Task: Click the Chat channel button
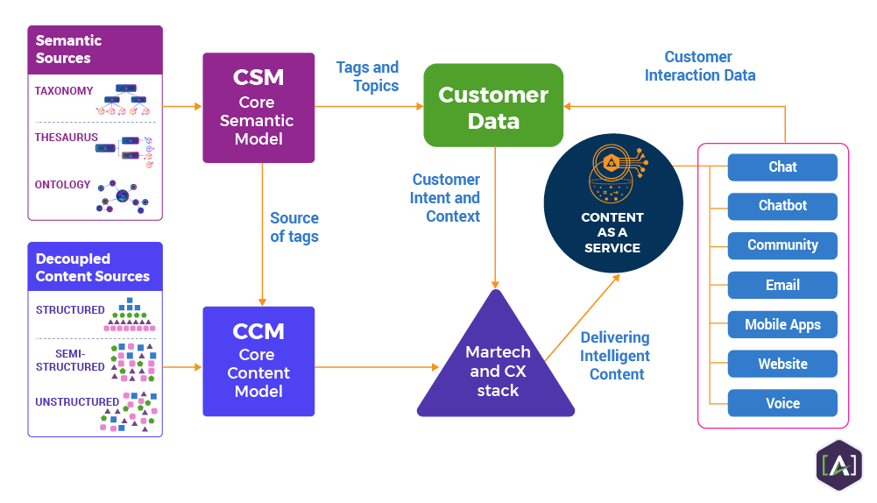point(782,166)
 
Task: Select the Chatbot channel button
point(782,206)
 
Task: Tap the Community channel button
point(782,245)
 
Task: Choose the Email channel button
point(782,285)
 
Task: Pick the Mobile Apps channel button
point(782,324)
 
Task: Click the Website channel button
point(782,364)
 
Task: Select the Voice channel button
point(782,403)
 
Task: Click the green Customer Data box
point(493,106)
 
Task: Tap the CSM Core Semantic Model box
point(258,108)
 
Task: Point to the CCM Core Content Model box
point(258,361)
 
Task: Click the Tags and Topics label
point(368,76)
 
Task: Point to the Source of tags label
point(294,227)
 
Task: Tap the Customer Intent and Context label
point(445,197)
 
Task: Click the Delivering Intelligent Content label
point(615,355)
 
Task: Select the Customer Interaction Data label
point(699,66)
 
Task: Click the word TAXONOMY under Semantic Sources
point(64,91)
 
